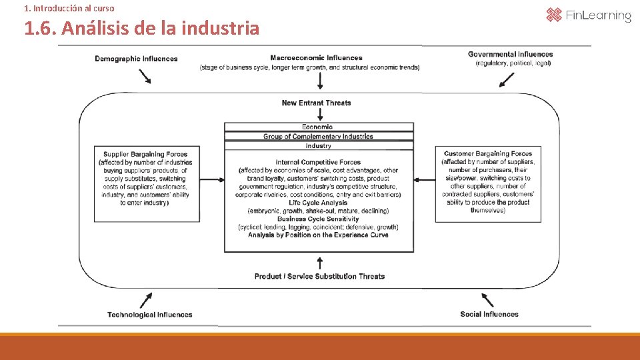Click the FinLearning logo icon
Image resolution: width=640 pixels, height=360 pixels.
[554, 15]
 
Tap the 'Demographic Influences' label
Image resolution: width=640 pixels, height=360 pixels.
[136, 59]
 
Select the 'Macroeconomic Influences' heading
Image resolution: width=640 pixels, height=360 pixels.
[316, 58]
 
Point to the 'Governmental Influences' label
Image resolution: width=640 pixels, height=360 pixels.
[510, 54]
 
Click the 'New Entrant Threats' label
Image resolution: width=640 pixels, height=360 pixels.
[316, 103]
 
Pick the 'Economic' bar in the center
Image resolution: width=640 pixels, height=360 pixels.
[317, 127]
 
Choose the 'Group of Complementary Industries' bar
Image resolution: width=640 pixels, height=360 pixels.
[318, 136]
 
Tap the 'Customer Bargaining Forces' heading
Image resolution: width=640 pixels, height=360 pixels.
[488, 154]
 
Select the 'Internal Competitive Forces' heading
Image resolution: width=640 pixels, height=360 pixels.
[318, 162]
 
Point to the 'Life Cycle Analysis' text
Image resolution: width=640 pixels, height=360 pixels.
[318, 203]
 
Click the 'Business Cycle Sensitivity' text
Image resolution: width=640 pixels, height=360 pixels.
[318, 219]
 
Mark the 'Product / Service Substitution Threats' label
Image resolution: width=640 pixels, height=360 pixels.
[319, 276]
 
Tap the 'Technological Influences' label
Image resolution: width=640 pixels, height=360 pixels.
[149, 315]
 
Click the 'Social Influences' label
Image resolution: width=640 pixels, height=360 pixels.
[489, 314]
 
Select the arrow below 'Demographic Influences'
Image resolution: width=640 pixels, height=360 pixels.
[145, 76]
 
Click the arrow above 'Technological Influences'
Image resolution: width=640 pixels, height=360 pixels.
[146, 299]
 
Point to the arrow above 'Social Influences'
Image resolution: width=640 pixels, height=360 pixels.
[487, 299]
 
